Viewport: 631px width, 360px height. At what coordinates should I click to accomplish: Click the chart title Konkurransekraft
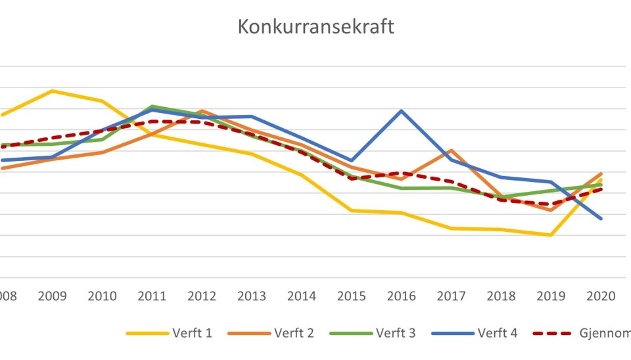pyautogui.click(x=315, y=28)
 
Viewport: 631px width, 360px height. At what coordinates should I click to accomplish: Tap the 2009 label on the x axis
pyautogui.click(x=53, y=296)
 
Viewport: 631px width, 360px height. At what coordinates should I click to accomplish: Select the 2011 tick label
pyautogui.click(x=152, y=296)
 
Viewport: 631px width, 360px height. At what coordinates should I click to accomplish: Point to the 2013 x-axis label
pyautogui.click(x=252, y=296)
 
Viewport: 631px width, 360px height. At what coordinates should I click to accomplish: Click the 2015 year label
pyautogui.click(x=352, y=296)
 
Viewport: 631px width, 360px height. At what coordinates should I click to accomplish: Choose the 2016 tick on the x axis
pyautogui.click(x=402, y=296)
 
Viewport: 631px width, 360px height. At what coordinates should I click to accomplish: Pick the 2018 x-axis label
pyautogui.click(x=501, y=296)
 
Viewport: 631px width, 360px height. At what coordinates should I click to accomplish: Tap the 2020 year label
pyautogui.click(x=600, y=296)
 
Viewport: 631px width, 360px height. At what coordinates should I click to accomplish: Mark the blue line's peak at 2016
pyautogui.click(x=402, y=110)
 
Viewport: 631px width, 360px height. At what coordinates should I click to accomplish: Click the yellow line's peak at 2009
pyautogui.click(x=53, y=91)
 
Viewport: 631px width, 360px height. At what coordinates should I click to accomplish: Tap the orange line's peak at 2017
pyautogui.click(x=451, y=150)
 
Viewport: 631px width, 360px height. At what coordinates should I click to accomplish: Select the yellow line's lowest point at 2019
pyautogui.click(x=550, y=235)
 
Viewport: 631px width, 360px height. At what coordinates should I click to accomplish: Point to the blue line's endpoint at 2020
pyautogui.click(x=601, y=218)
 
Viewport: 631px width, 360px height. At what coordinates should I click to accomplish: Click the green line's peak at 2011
pyautogui.click(x=152, y=106)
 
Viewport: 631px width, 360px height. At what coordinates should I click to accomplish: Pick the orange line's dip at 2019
pyautogui.click(x=550, y=210)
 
